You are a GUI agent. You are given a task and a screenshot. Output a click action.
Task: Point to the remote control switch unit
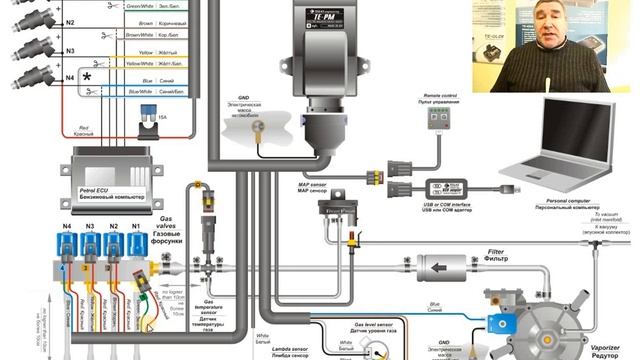point(436,118)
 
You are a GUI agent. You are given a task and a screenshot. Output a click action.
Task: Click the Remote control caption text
point(435,95)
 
